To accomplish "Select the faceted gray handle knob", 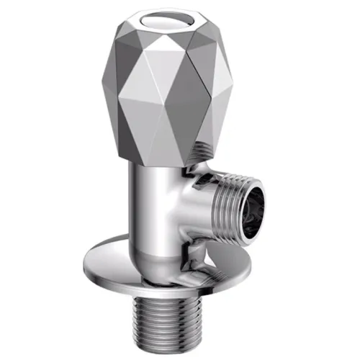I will pyautogui.click(x=173, y=79).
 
